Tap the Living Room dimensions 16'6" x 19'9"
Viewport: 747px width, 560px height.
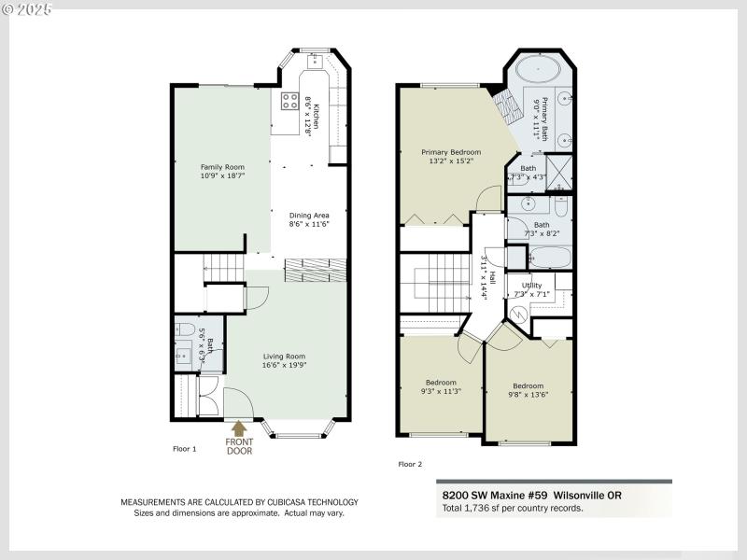pyautogui.click(x=283, y=365)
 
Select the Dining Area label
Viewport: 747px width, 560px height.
pyautogui.click(x=308, y=215)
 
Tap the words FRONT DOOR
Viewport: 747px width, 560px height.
pyautogui.click(x=240, y=446)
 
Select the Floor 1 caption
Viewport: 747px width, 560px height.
pyautogui.click(x=185, y=449)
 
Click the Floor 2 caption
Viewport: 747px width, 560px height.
pyautogui.click(x=411, y=464)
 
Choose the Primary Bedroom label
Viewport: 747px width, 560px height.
pyautogui.click(x=451, y=152)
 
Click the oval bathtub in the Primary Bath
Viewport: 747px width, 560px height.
pyautogui.click(x=536, y=70)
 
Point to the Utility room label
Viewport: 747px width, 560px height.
pyautogui.click(x=531, y=285)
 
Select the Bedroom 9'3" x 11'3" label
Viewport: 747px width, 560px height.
pyautogui.click(x=441, y=383)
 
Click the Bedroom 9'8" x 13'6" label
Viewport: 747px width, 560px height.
pyautogui.click(x=528, y=386)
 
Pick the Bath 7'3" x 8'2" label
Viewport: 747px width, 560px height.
pyautogui.click(x=542, y=225)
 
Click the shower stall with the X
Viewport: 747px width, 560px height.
pyautogui.click(x=559, y=172)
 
